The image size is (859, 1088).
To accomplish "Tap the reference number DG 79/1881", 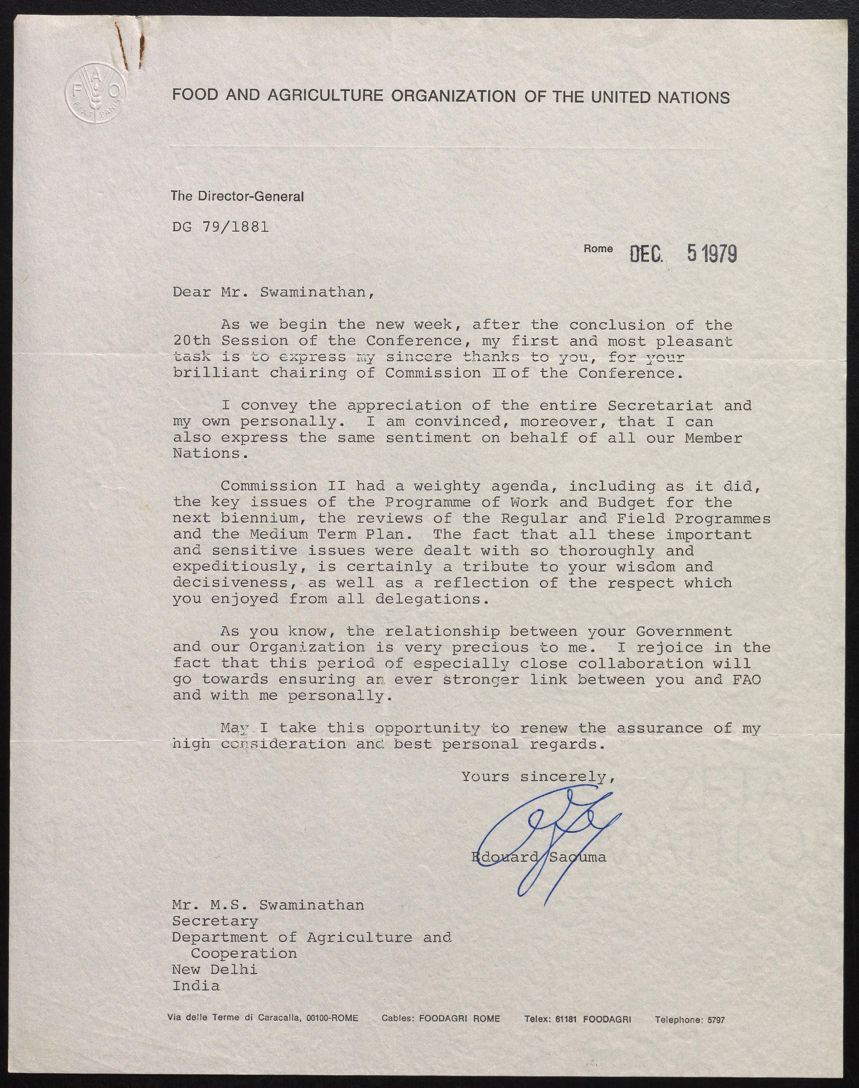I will pos(220,227).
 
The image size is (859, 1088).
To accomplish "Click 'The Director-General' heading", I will pos(237,196).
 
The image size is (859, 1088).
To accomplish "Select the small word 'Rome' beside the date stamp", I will pos(598,249).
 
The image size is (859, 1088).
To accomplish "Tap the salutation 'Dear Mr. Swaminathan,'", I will pos(274,292).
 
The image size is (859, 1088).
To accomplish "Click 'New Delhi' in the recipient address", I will pos(214,969).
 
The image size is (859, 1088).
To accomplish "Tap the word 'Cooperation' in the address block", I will pos(244,953).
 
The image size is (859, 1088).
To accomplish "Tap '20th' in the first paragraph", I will pos(191,341).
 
